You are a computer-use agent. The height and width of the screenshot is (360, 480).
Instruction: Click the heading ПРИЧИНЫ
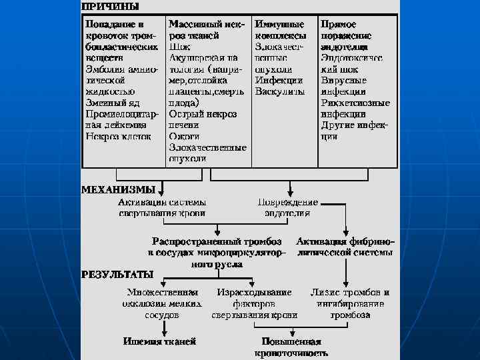tap(111, 7)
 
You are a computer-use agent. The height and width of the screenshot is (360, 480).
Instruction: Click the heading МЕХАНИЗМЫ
tap(118, 189)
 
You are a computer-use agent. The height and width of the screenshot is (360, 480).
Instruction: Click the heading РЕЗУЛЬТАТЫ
tap(117, 274)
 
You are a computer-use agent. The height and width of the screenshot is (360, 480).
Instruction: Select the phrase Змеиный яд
tap(112, 102)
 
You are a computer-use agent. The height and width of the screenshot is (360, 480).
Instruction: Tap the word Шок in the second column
tap(180, 47)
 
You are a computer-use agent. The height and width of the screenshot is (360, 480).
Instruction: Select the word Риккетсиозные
tap(355, 103)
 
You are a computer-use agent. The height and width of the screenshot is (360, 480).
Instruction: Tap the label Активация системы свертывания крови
tap(162, 207)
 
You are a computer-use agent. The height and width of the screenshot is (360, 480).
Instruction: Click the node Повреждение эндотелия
tap(288, 207)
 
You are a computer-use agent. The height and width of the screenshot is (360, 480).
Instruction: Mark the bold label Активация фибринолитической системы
tap(345, 247)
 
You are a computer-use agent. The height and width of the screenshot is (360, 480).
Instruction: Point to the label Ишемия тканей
tap(159, 341)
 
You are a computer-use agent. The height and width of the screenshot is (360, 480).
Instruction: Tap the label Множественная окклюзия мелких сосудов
tap(162, 303)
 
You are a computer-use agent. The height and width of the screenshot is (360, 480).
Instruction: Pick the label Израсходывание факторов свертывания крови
tap(253, 303)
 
